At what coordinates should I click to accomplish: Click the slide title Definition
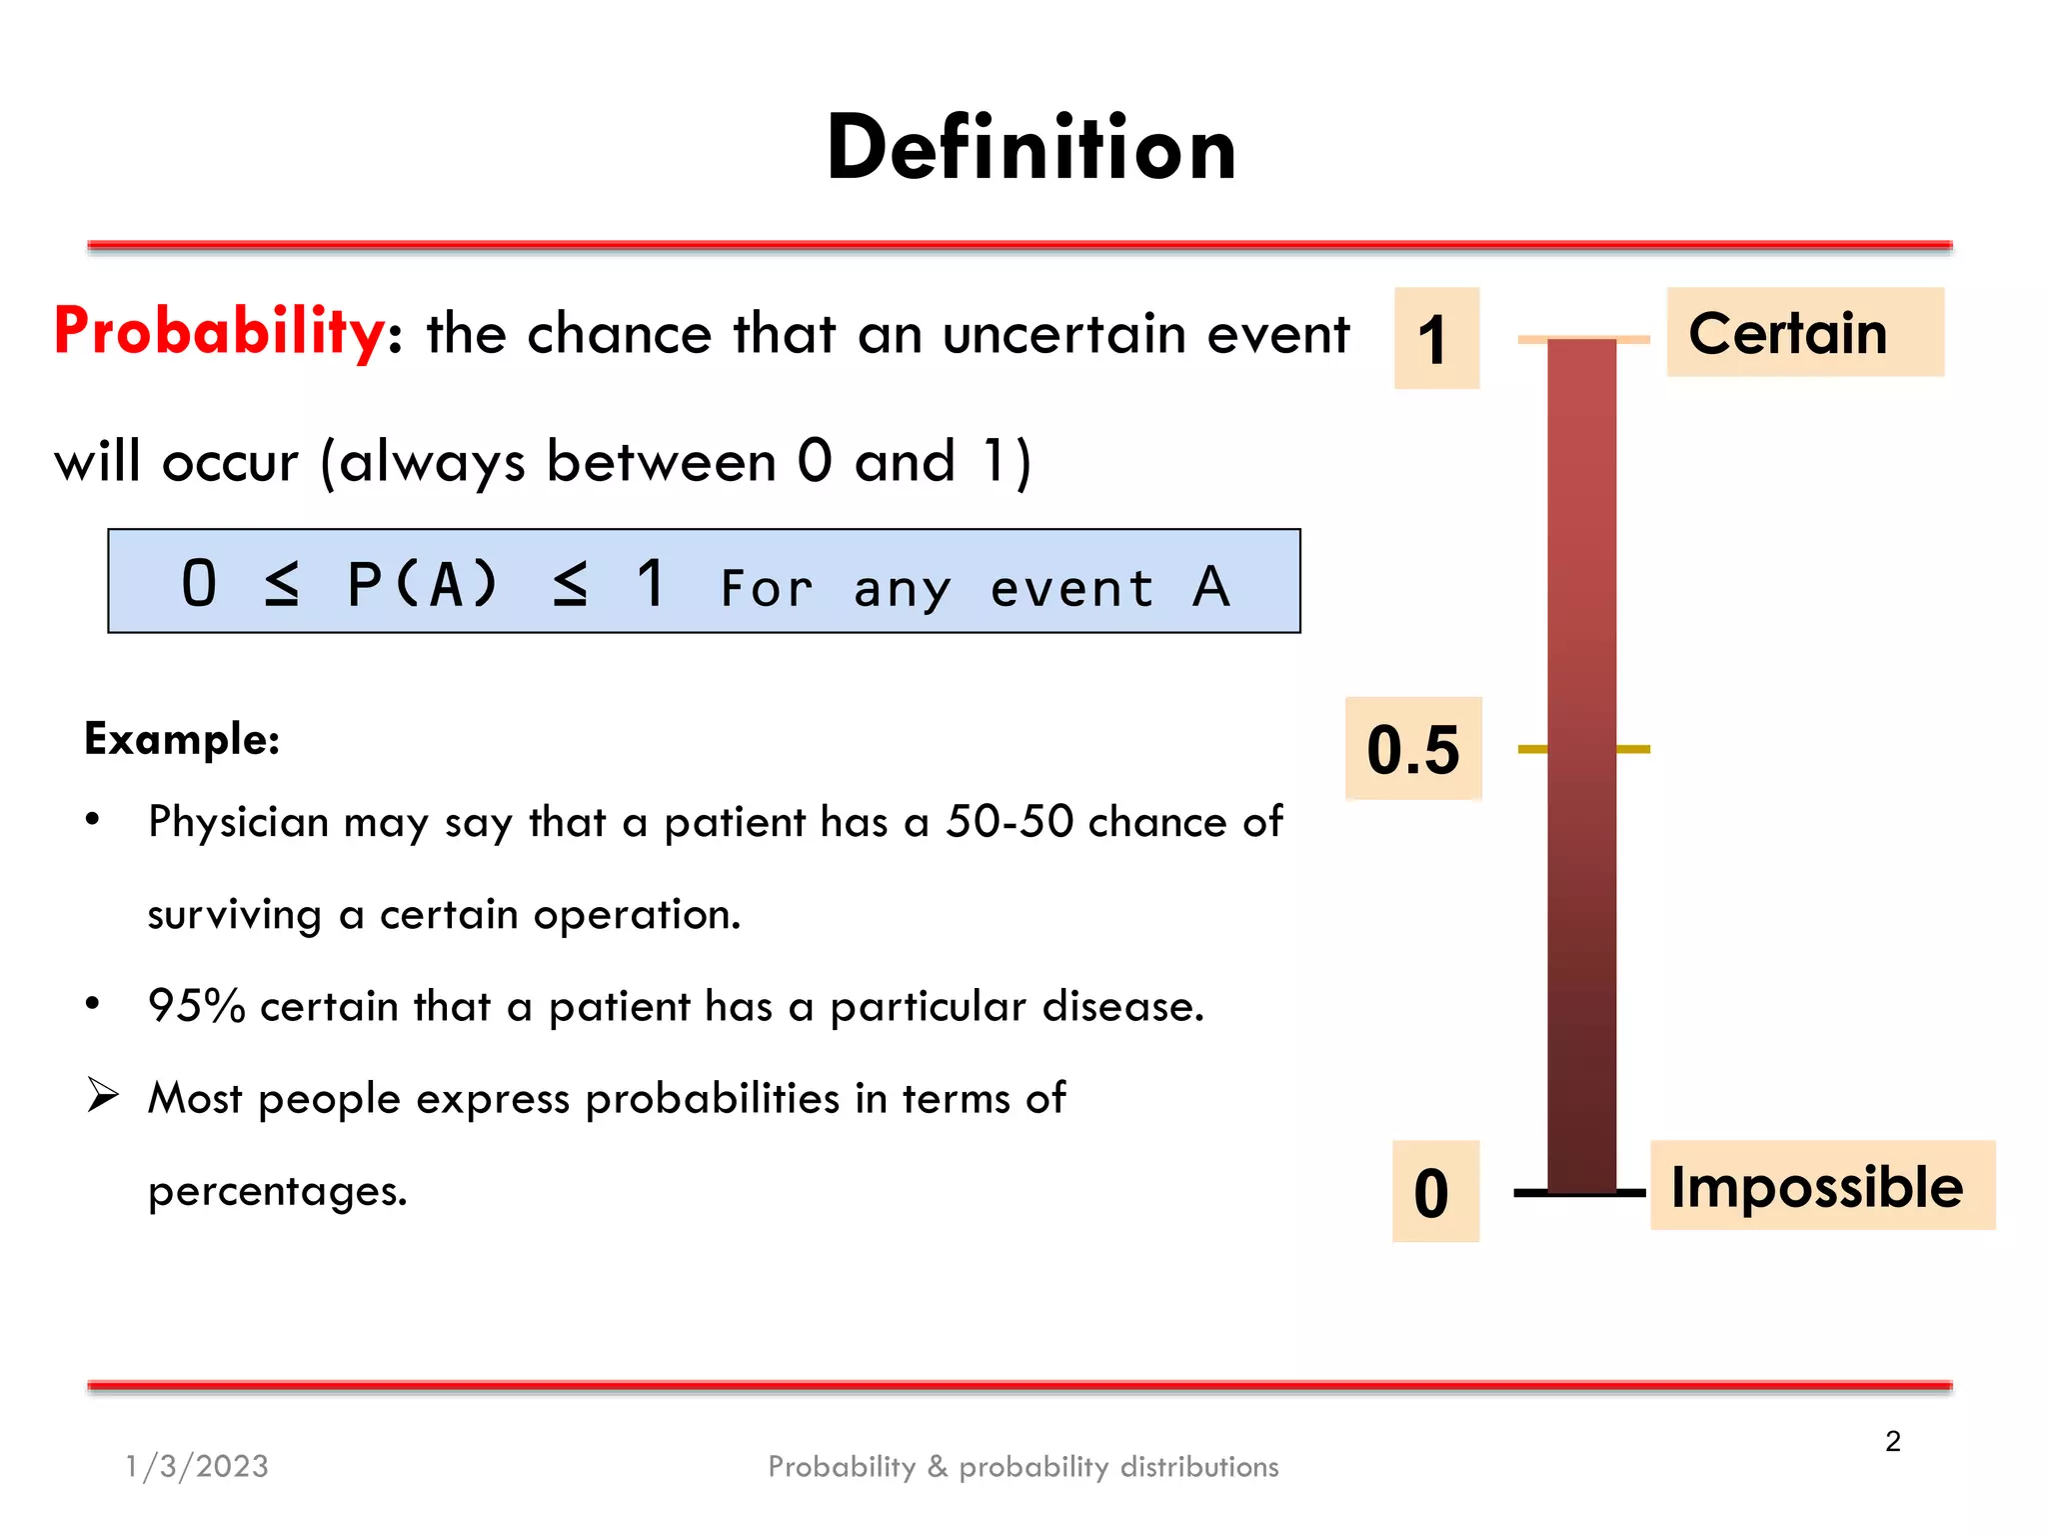coord(1030,148)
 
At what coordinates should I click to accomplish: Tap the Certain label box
coord(1804,333)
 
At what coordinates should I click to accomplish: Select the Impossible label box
coord(1820,1187)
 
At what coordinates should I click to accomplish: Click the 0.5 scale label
coord(1412,750)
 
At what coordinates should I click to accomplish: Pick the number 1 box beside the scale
coord(1435,339)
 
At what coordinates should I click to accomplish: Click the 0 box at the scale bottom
coord(1433,1192)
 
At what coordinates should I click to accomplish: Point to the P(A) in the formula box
coord(422,584)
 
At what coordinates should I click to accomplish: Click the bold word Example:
coord(182,740)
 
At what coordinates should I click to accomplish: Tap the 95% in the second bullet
coord(196,1006)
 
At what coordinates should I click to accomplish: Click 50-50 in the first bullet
coord(1010,822)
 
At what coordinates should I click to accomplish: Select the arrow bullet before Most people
coord(102,1096)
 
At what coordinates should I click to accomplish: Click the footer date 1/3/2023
coord(197,1466)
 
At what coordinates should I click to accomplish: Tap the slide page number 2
coord(1892,1441)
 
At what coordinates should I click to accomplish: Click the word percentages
coord(277,1191)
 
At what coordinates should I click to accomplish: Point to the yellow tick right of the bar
coord(1633,749)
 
